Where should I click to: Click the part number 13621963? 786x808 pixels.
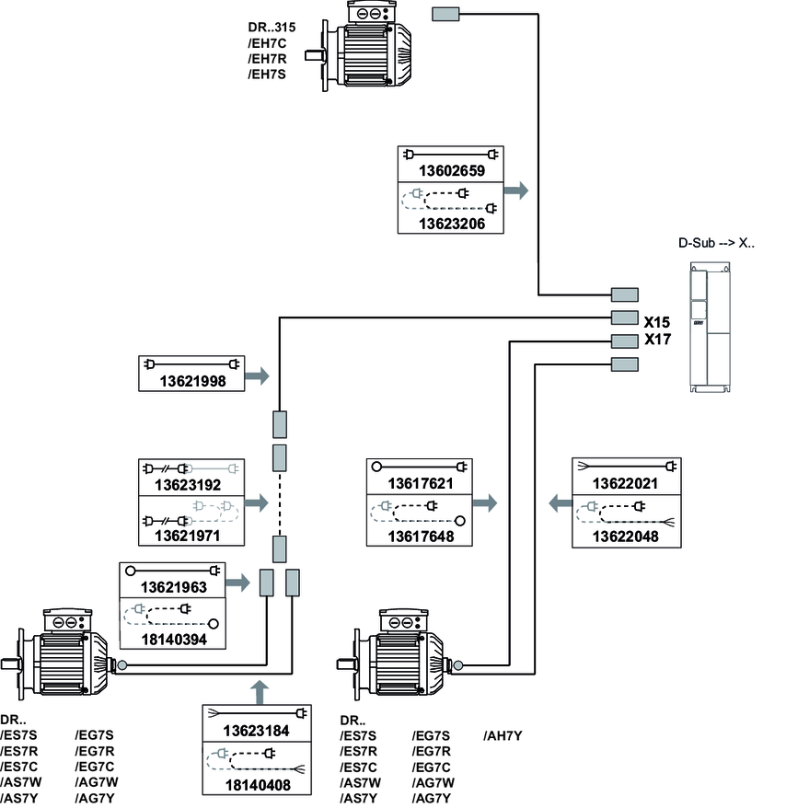coord(174,586)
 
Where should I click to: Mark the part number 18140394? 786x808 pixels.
coord(174,638)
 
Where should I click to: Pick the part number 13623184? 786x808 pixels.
coord(255,732)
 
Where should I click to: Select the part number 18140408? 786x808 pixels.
coord(255,785)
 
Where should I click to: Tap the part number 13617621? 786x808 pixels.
coord(420,484)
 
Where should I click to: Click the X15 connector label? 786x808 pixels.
coord(657,323)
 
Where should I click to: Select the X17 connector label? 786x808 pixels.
coord(657,341)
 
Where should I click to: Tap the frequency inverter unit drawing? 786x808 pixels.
coord(711,328)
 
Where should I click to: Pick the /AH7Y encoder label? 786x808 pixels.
coord(503,735)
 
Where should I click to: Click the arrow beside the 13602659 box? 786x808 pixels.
coord(518,190)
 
